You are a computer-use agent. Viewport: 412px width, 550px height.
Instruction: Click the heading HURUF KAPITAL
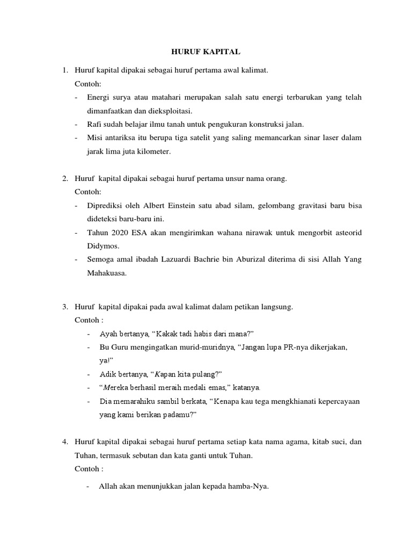click(206, 52)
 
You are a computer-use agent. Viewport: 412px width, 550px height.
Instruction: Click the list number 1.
click(65, 70)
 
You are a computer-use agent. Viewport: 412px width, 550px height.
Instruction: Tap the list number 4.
click(65, 442)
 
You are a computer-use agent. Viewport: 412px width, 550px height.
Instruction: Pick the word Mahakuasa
click(107, 274)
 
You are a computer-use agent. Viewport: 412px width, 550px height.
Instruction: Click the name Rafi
click(94, 124)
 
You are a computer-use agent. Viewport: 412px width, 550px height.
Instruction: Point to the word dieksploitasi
click(169, 111)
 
